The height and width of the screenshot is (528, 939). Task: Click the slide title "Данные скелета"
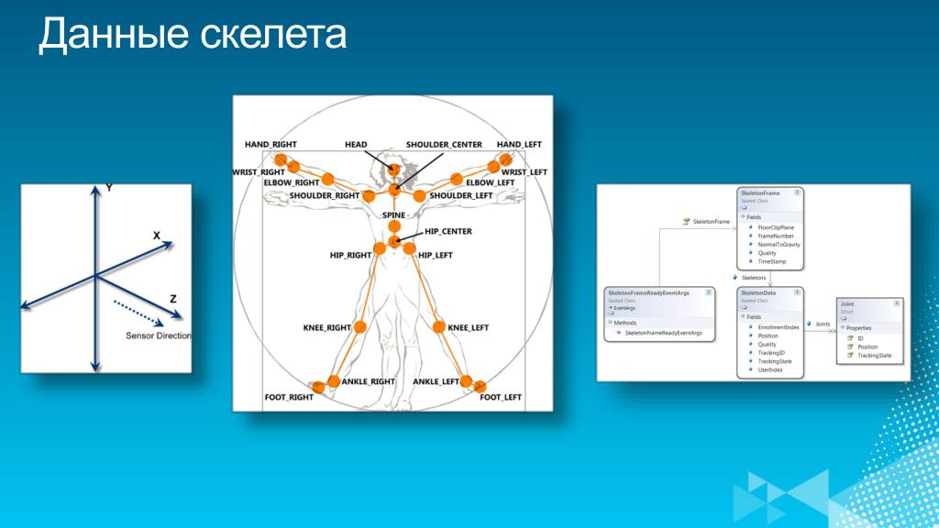click(x=193, y=35)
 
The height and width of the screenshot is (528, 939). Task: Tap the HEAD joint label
click(x=356, y=145)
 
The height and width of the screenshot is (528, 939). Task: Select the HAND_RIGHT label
click(x=271, y=145)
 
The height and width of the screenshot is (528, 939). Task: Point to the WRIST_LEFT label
click(x=525, y=171)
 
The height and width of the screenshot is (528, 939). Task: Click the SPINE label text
click(x=393, y=214)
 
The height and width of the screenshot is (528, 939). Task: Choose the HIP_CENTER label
click(x=448, y=231)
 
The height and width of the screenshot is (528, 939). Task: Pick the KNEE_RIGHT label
click(x=327, y=327)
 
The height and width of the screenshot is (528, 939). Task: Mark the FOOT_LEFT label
click(x=501, y=397)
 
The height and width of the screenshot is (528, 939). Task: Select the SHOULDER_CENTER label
click(x=444, y=145)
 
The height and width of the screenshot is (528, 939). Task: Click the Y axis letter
click(x=109, y=187)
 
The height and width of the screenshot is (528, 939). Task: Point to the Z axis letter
click(x=172, y=299)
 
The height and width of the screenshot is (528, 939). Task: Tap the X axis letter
click(x=157, y=236)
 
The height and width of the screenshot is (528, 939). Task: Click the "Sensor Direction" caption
click(x=159, y=335)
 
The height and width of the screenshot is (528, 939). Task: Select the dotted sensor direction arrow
click(x=138, y=312)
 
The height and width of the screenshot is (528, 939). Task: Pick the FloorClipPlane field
click(x=776, y=226)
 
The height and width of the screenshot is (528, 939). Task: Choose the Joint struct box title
click(x=847, y=302)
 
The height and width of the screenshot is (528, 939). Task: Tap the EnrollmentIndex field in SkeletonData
click(x=779, y=326)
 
